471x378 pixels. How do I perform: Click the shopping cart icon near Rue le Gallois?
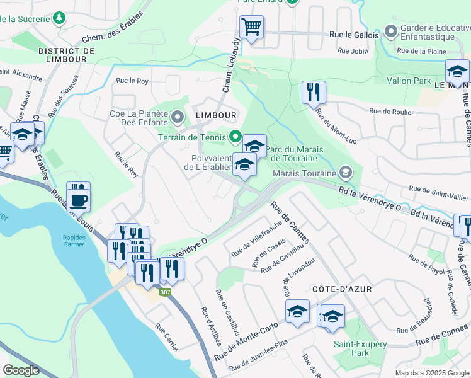coord(251,26)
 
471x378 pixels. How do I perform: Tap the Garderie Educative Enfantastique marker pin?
coord(390,30)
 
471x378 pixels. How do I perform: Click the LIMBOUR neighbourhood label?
coord(216,115)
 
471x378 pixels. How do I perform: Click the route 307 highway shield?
coord(165,292)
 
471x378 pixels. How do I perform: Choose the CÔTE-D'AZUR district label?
coord(342,289)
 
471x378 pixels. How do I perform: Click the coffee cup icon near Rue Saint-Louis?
coord(79,201)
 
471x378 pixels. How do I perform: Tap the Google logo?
coord(21,370)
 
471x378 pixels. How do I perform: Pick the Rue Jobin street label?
coord(352,50)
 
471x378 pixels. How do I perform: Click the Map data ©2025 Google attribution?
coord(432,373)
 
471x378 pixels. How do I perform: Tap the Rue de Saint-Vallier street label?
coord(439,188)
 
